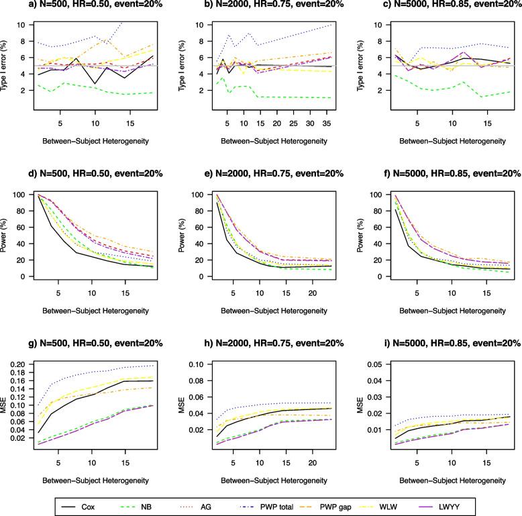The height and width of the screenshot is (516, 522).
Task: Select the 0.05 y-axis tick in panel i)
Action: point(376,364)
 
